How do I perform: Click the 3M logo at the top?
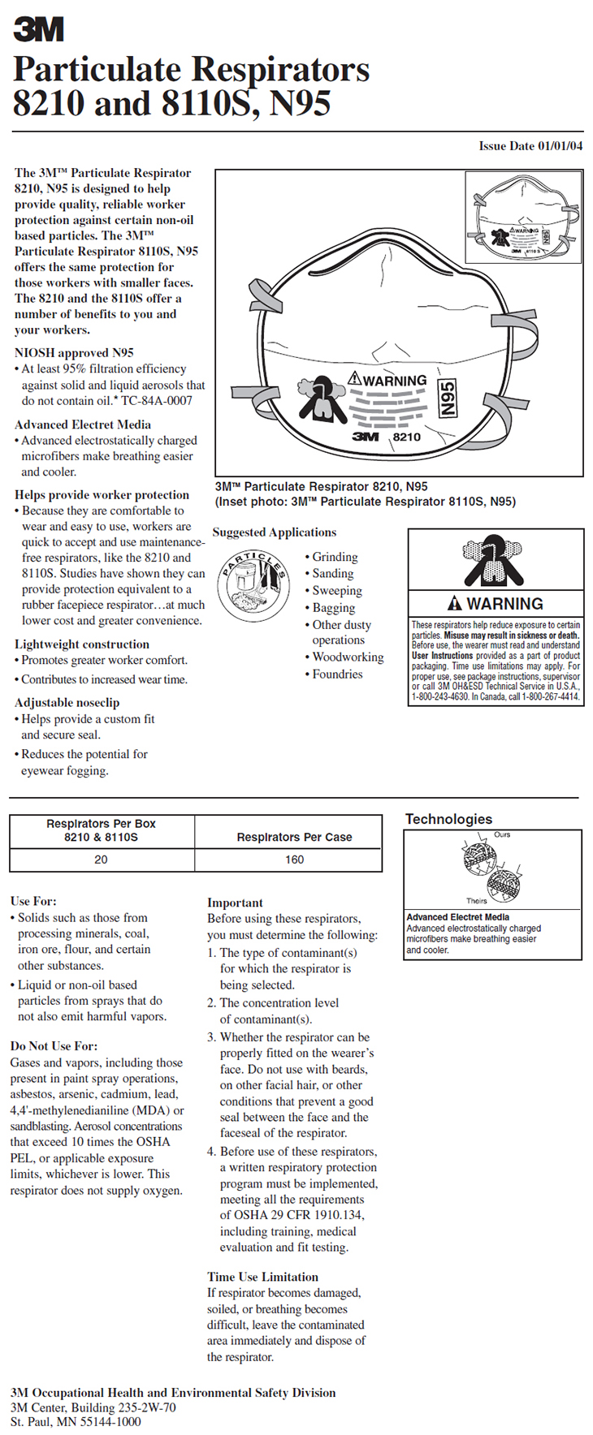pos(38,30)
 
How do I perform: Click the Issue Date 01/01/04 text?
pos(530,146)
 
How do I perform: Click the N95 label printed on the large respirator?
pos(447,399)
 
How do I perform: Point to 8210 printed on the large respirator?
pos(407,437)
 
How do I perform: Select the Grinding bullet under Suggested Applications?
pos(335,557)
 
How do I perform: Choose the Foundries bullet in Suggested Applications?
pos(337,674)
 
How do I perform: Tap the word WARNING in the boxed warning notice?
pos(504,604)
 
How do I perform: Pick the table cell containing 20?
pos(101,860)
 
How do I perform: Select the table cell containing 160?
pos(294,860)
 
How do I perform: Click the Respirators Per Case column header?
pos(294,837)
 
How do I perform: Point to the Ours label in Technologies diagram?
pos(502,834)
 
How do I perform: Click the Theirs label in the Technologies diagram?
pos(477,900)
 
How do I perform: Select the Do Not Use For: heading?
pos(54,1046)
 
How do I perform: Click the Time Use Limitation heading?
pos(262,1277)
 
